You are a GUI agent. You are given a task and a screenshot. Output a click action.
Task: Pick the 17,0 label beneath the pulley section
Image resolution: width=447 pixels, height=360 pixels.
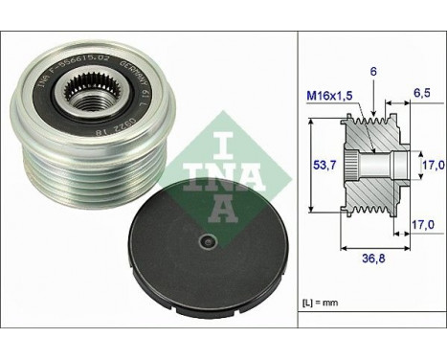click(421, 225)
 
